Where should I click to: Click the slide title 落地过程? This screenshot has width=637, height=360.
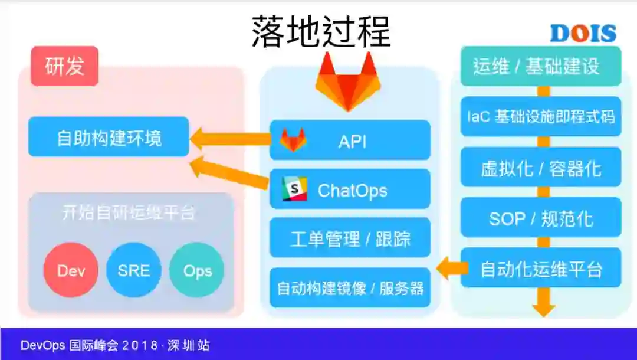click(321, 31)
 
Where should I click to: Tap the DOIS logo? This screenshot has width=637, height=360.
click(583, 34)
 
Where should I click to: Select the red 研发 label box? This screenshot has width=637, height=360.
click(65, 66)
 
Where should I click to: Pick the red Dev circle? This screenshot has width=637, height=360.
click(71, 271)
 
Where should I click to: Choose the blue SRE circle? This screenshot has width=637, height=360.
click(133, 271)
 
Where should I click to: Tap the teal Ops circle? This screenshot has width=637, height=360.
click(196, 271)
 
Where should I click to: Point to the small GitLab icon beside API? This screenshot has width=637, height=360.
click(293, 140)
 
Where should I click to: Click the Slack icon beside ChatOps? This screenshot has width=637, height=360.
click(294, 189)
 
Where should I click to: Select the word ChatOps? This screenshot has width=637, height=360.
click(352, 191)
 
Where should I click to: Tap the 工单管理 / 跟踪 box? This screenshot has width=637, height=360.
click(350, 238)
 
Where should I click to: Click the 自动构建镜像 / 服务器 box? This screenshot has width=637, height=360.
click(350, 288)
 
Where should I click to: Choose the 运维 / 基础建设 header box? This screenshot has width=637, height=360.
click(540, 66)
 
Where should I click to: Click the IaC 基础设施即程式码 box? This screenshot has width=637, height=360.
click(540, 117)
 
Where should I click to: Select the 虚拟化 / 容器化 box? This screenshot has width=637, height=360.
click(540, 168)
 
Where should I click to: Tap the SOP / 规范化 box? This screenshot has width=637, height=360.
click(540, 218)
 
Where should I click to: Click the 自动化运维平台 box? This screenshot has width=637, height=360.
click(540, 269)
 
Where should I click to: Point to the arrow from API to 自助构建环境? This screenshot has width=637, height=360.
click(230, 139)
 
